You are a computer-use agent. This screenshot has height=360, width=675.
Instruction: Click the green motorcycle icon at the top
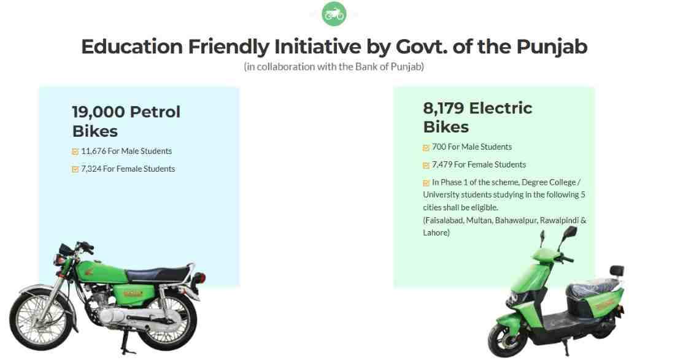point(334,13)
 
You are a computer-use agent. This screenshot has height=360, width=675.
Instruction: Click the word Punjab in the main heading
point(552,47)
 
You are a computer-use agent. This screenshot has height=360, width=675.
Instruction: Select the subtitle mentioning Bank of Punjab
point(334,66)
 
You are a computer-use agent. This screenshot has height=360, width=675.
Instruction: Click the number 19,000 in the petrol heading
point(98,112)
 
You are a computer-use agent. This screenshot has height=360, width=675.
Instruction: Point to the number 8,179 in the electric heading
point(443,109)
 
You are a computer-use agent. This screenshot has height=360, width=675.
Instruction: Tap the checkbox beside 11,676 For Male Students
point(75,151)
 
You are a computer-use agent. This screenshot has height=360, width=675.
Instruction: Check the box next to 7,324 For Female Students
point(75,169)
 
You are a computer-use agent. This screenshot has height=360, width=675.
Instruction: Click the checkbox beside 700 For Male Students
point(426,148)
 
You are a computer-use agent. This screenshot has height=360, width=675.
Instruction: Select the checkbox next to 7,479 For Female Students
point(426,166)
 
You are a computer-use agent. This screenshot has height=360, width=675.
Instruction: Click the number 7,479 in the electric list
point(444,164)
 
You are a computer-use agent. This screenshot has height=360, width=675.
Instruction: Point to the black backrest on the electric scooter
point(616,270)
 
